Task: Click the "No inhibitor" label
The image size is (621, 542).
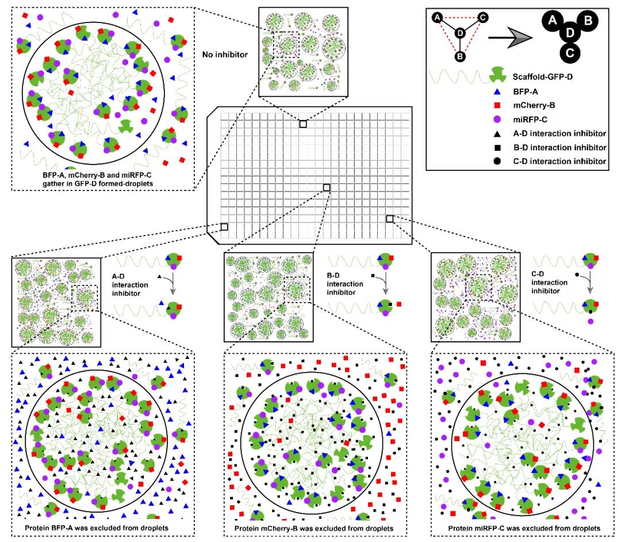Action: (x=224, y=55)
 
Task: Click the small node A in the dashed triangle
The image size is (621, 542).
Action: (x=438, y=18)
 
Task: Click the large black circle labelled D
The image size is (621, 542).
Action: (x=569, y=35)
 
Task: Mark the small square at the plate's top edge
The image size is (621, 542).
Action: (x=303, y=124)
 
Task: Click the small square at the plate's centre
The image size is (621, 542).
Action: (x=327, y=187)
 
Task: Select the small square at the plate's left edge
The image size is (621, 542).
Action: (x=224, y=227)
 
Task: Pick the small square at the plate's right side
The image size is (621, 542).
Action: (x=389, y=218)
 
